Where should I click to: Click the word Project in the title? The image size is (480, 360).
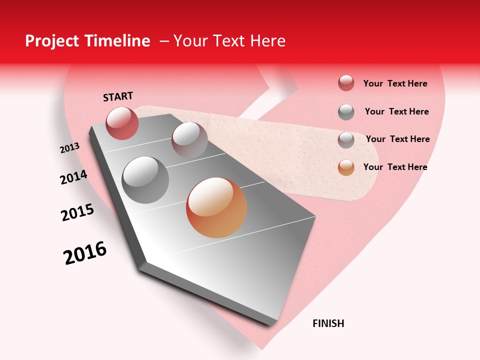pos(52,41)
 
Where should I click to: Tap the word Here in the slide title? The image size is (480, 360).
pos(267,41)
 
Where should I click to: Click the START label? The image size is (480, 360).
pos(118,96)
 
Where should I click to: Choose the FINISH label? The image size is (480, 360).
pos(328,323)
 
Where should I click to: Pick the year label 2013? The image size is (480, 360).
pos(69,148)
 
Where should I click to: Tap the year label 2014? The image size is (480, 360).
pos(73,177)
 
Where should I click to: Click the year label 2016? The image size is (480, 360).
pos(85,253)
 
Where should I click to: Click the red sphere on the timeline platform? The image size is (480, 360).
pos(122,123)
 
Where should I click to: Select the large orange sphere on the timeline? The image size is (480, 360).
pos(216,207)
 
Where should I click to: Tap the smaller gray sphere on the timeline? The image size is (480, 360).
pos(189,140)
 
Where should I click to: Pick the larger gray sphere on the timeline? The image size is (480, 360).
pos(145,180)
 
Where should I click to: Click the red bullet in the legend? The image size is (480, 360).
pos(346,83)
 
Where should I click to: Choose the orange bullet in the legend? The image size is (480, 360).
pos(346,167)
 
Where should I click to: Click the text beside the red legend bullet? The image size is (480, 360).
pos(395,83)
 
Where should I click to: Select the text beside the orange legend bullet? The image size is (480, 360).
pos(395,167)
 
